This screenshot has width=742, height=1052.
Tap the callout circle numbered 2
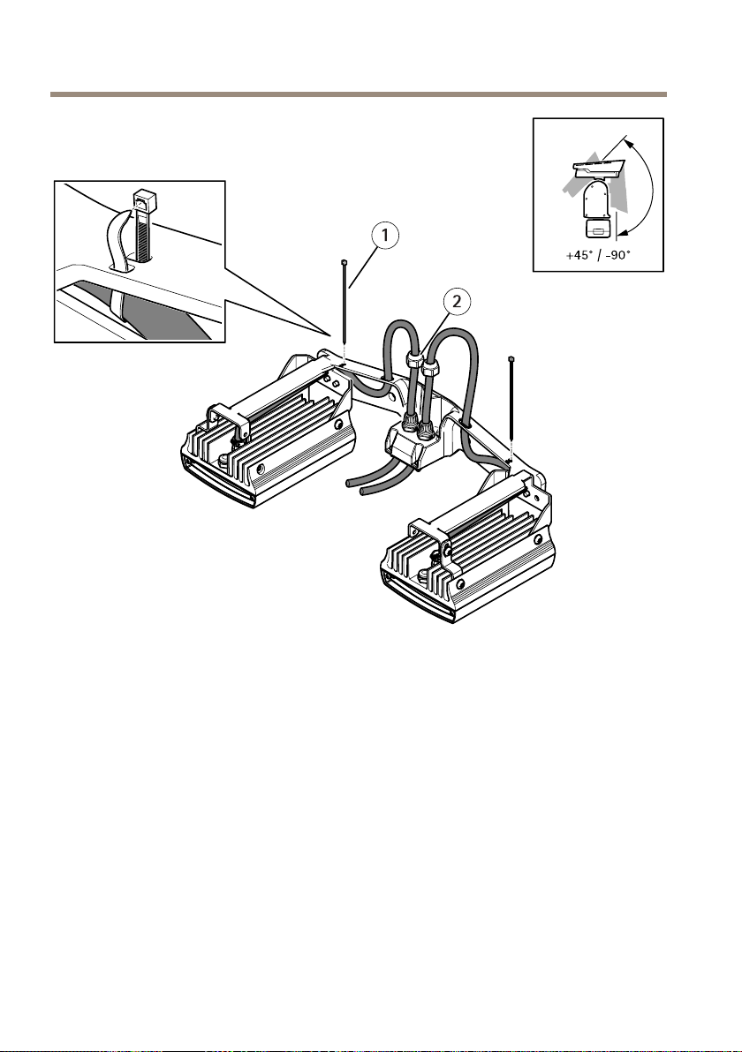[x=456, y=302]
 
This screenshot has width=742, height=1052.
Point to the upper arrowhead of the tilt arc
[x=629, y=139]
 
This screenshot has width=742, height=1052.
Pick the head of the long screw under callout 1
[x=343, y=263]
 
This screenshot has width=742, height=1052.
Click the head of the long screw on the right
[x=512, y=359]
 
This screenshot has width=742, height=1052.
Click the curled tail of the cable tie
[x=117, y=237]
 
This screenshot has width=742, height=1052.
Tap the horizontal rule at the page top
[x=358, y=94]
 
